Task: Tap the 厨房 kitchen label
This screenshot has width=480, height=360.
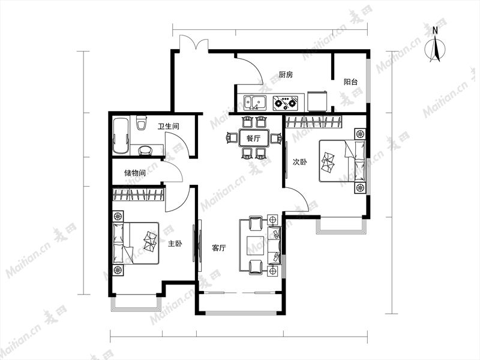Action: tap(286, 74)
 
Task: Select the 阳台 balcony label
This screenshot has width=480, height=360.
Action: tap(350, 82)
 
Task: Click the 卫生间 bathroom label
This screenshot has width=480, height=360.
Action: tap(169, 126)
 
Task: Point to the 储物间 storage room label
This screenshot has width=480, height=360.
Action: tap(134, 173)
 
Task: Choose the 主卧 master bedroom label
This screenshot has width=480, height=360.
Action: tap(175, 244)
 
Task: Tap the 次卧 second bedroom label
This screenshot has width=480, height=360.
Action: tap(299, 162)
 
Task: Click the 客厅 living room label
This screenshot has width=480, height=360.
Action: tap(219, 248)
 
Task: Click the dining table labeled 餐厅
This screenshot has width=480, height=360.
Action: tap(254, 139)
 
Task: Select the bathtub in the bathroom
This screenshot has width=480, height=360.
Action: tap(121, 136)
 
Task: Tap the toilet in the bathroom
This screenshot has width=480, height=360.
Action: tap(141, 123)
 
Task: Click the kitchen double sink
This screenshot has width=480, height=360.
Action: tap(254, 103)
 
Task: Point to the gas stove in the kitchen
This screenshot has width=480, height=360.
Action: tap(286, 103)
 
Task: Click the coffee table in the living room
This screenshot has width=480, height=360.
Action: tap(256, 245)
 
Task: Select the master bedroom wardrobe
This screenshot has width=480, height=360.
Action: tap(139, 194)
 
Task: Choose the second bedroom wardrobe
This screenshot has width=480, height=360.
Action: tap(313, 122)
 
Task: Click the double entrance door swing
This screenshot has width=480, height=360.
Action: tap(194, 42)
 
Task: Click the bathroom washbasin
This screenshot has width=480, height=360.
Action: tap(145, 151)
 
